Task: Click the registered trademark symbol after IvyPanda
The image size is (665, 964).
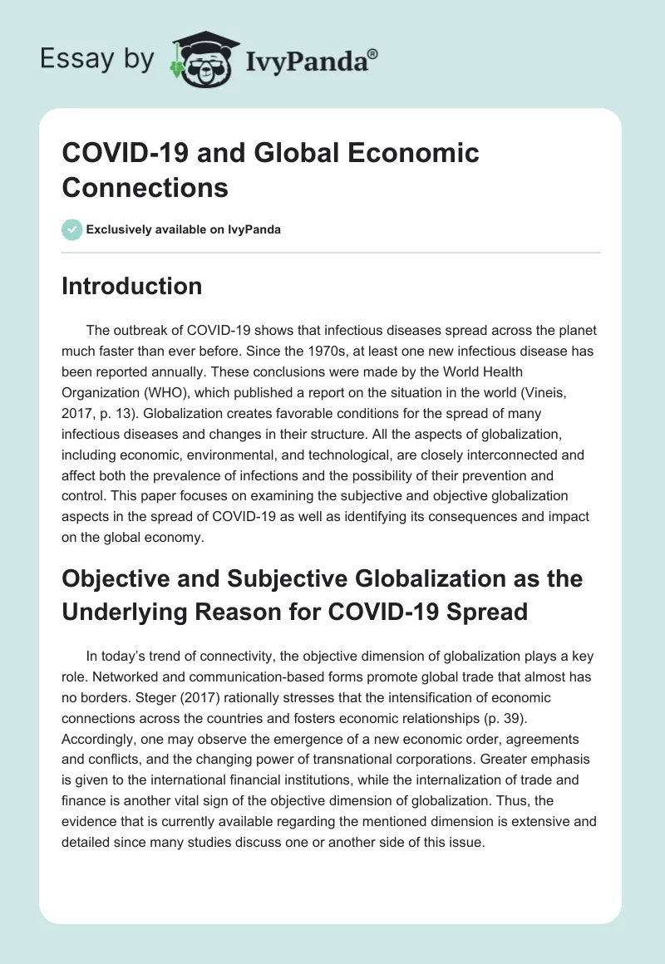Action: point(373,54)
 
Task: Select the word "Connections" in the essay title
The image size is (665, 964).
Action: point(145,187)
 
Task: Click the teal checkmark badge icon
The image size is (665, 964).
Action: point(72,229)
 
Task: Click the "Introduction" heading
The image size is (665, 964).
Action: point(132,286)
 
